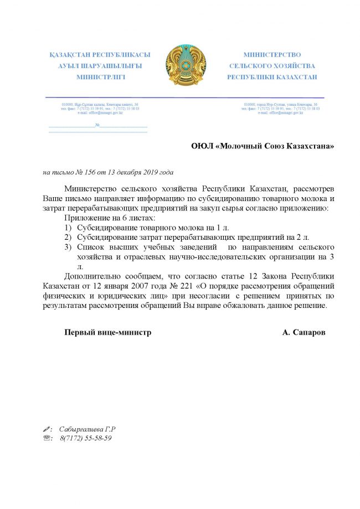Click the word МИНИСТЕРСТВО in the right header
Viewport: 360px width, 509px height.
click(x=272, y=55)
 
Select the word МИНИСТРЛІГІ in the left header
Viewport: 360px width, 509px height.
click(x=100, y=77)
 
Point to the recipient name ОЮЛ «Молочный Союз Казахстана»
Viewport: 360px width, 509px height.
click(x=263, y=146)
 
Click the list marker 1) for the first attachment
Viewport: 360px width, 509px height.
click(x=68, y=228)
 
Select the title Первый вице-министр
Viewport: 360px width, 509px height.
click(x=108, y=332)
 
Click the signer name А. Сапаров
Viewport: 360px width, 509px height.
click(x=304, y=332)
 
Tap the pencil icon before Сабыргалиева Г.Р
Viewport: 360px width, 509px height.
click(x=47, y=429)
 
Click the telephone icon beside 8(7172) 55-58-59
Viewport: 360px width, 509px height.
click(x=47, y=438)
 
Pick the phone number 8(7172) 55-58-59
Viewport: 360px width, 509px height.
click(x=86, y=438)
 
